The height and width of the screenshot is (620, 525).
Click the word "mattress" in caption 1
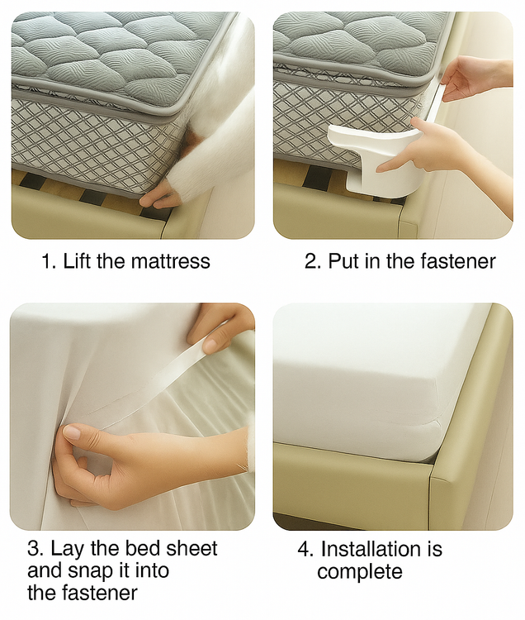170,261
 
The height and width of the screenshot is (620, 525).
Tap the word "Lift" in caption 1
77,260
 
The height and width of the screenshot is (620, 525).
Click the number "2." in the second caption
314,261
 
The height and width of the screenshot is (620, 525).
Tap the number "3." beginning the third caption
36,549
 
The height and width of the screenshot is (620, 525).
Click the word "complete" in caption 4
360,572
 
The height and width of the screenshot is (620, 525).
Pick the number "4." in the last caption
306,549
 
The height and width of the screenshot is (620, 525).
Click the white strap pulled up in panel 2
434,100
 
